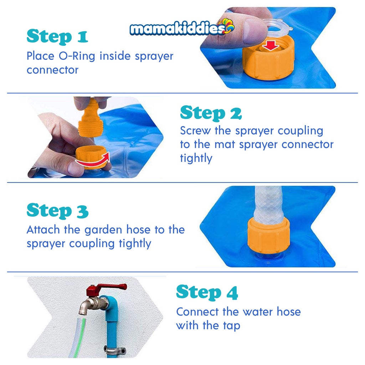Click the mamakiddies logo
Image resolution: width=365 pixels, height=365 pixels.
pos(182,27)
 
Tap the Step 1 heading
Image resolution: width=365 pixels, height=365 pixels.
pos(57,36)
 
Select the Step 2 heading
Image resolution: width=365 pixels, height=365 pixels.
pos(211,113)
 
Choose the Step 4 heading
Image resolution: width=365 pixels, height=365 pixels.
pos(207,292)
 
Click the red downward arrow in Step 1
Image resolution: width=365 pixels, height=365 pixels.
pos(271,46)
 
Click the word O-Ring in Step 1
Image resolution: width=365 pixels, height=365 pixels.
pos(77,56)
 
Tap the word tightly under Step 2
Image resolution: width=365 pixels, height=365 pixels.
pos(196,158)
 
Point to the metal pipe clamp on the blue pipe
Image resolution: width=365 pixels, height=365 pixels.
pos(114,350)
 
